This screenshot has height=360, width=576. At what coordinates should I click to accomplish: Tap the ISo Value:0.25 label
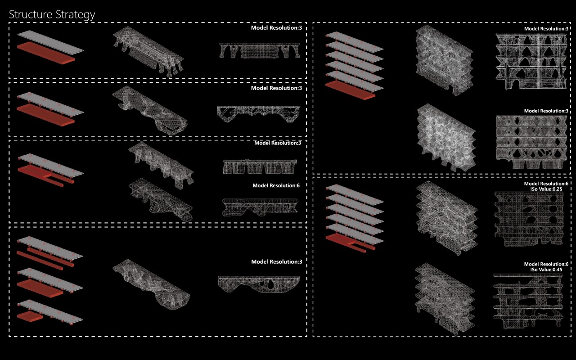click(x=546, y=189)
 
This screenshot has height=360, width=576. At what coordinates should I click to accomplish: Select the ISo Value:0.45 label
click(x=546, y=270)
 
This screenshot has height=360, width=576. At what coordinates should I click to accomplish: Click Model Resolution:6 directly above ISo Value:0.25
click(x=546, y=184)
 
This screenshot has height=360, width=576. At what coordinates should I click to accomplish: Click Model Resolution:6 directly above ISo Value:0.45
click(x=546, y=264)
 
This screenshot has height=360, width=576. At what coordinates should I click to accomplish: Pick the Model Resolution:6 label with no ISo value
click(x=276, y=185)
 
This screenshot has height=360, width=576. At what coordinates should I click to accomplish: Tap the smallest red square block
click(x=30, y=316)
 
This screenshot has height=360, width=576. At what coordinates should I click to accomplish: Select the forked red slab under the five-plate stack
click(x=350, y=242)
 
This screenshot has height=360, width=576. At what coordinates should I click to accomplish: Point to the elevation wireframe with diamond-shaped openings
click(x=531, y=142)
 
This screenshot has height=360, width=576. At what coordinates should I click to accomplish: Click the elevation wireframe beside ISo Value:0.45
click(x=528, y=301)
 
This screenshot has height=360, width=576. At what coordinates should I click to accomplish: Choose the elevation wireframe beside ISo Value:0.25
click(x=529, y=219)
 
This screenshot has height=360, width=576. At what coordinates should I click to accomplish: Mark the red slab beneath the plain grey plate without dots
click(x=46, y=53)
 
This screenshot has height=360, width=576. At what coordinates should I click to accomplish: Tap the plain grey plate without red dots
click(x=50, y=42)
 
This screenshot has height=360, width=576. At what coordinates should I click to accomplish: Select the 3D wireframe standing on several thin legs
click(x=148, y=51)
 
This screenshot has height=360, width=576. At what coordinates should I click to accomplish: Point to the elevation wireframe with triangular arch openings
click(x=531, y=61)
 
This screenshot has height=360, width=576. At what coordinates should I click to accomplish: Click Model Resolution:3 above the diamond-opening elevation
click(x=546, y=111)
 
